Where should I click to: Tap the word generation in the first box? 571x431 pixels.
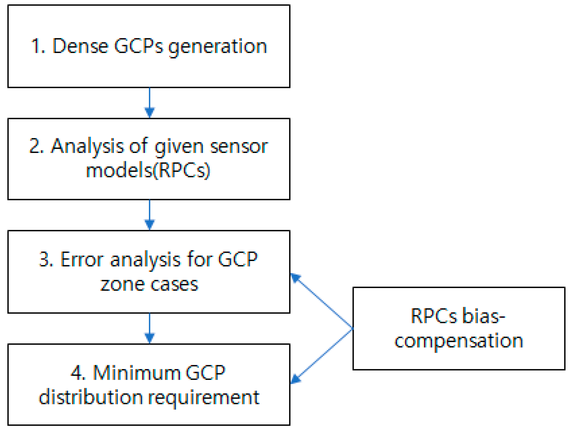pos(217,47)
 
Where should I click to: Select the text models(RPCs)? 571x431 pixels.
pos(148,171)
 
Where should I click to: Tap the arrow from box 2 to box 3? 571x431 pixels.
pos(149,215)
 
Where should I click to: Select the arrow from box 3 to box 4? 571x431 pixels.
pos(149,328)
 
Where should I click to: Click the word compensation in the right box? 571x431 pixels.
pos(459,341)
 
